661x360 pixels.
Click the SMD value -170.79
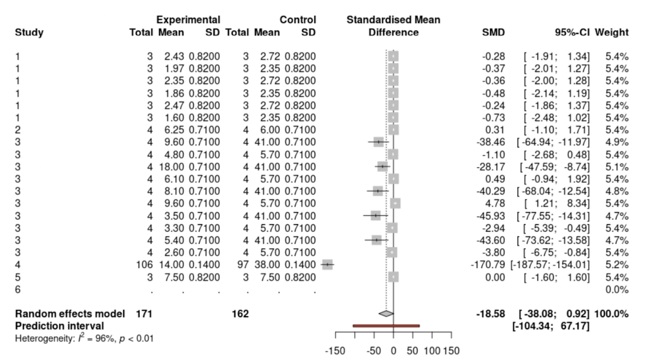487,265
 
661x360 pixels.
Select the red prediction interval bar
386,326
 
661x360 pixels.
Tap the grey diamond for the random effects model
386,314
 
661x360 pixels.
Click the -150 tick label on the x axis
335,351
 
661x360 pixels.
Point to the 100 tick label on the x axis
432,351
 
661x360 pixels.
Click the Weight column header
611,32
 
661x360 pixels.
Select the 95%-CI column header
572,32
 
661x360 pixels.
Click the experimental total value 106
144,265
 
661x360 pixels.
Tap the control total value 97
243,265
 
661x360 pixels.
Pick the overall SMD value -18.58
490,314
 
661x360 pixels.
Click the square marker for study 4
327,265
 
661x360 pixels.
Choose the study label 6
18,289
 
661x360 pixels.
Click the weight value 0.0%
617,289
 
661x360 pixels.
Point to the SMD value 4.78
495,204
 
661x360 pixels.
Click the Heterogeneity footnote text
84,339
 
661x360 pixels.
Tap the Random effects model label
70,314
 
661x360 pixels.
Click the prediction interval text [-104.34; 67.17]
551,326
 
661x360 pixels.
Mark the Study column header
29,32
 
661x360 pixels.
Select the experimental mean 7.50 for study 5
174,277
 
